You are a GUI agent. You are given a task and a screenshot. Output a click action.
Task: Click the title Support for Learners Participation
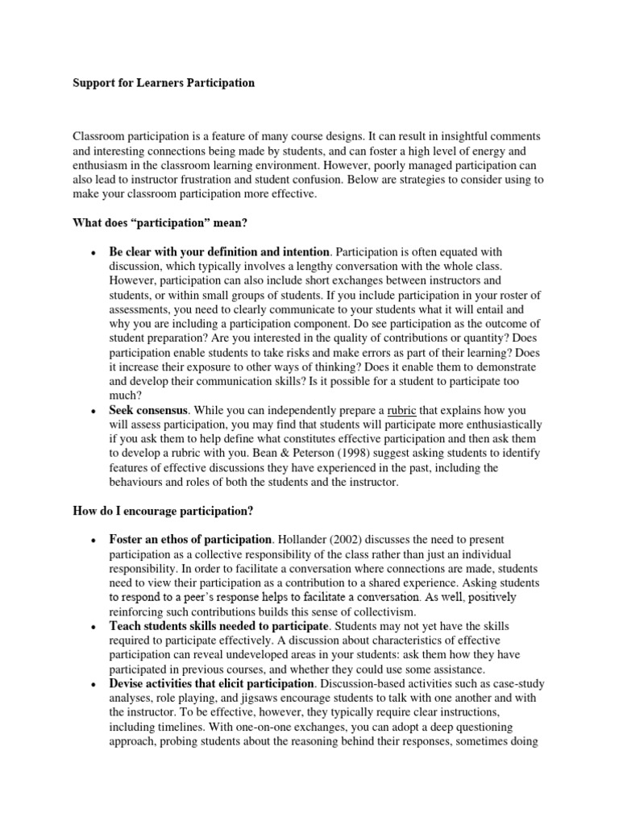(164, 83)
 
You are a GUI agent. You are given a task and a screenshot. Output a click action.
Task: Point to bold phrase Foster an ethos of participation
(190, 539)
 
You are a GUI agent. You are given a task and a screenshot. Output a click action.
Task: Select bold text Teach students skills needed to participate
(218, 626)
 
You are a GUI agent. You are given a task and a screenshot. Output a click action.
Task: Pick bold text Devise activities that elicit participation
(213, 684)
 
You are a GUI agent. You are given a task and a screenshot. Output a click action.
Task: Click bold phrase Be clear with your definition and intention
(219, 252)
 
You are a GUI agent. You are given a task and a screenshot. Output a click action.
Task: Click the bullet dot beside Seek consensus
(94, 411)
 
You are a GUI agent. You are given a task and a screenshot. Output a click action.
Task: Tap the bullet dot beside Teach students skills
(94, 627)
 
